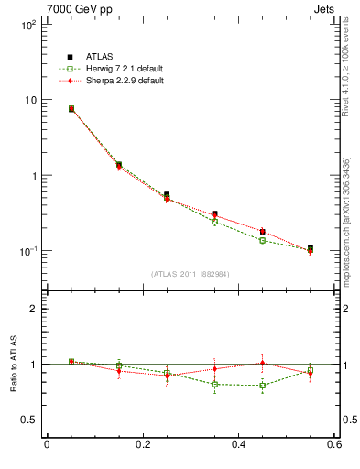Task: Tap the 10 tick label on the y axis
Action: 30,100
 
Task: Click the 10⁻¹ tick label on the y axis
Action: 27,250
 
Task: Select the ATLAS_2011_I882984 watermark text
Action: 190,274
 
